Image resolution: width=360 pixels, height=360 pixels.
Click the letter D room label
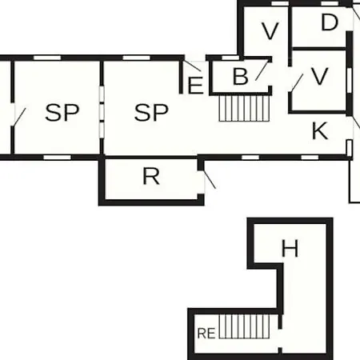[330, 22]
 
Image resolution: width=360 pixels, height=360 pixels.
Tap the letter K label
[320, 130]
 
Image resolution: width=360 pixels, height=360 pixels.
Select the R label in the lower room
[151, 176]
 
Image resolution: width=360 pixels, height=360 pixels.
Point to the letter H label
[290, 249]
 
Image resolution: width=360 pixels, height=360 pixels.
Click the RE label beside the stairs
[206, 334]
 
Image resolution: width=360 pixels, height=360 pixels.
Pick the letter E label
[195, 86]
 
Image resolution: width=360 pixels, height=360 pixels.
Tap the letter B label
[240, 77]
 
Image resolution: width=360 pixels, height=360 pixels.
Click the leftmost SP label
[62, 113]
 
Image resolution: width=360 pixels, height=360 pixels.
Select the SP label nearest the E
[151, 113]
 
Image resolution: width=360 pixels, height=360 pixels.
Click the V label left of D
[270, 31]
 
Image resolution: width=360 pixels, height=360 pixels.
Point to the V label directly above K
[319, 77]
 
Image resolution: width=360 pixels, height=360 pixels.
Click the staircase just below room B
[244, 108]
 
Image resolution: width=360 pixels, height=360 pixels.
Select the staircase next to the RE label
[244, 326]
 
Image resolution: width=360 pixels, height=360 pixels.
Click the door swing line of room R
[210, 179]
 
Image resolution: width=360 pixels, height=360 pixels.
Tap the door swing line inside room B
[262, 70]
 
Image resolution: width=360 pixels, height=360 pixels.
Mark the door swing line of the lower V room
[298, 82]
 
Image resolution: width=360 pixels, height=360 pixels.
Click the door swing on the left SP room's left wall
[19, 117]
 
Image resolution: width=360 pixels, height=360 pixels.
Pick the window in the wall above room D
[330, 3]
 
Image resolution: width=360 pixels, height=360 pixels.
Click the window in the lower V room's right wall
[349, 81]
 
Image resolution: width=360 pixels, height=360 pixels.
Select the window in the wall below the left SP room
[58, 158]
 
